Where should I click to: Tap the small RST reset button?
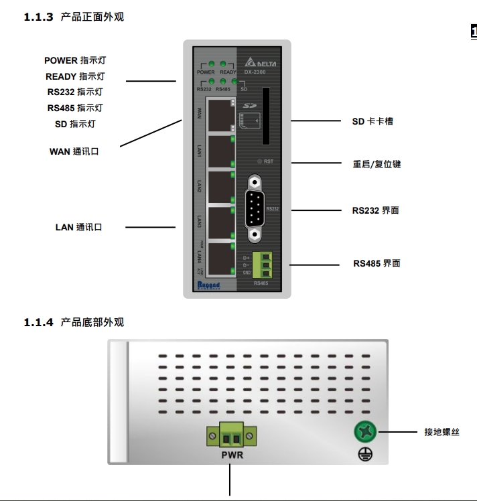tap(261, 161)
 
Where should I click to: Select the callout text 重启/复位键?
tap(377, 164)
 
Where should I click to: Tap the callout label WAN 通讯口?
tap(74, 152)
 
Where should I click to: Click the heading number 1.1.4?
tap(38, 323)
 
